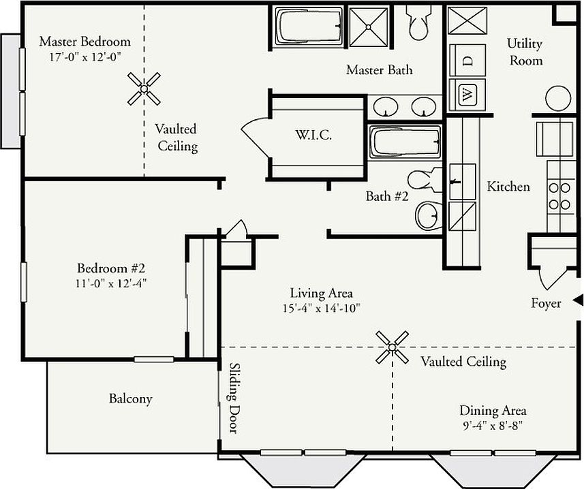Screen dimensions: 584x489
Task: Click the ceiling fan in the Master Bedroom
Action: pyautogui.click(x=144, y=89)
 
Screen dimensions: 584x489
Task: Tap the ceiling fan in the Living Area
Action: pyautogui.click(x=392, y=347)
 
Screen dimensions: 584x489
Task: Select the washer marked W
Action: pyautogui.click(x=467, y=95)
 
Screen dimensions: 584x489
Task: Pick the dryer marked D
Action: pyautogui.click(x=467, y=61)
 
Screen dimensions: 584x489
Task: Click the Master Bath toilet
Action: pyautogui.click(x=420, y=22)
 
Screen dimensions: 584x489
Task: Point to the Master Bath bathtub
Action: pyautogui.click(x=309, y=27)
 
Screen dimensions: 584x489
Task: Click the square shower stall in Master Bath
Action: pyautogui.click(x=369, y=27)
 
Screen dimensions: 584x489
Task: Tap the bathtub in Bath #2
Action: pyautogui.click(x=405, y=142)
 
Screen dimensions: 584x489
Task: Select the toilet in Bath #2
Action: pyautogui.click(x=425, y=179)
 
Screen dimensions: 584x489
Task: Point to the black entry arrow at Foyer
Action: pyautogui.click(x=578, y=300)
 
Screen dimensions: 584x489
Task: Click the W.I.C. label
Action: pyautogui.click(x=313, y=134)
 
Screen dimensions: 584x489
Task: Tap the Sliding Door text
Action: pyautogui.click(x=234, y=398)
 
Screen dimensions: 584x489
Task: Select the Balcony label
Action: pyautogui.click(x=131, y=399)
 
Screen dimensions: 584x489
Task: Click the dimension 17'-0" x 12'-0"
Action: pyautogui.click(x=86, y=57)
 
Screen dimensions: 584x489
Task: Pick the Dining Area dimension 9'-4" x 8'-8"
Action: pyautogui.click(x=493, y=425)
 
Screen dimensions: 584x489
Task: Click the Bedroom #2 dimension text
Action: pyautogui.click(x=111, y=283)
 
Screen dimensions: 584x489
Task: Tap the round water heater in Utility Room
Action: pyautogui.click(x=558, y=98)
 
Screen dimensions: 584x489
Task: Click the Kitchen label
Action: pyautogui.click(x=508, y=186)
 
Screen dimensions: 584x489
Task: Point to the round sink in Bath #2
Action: pyautogui.click(x=429, y=215)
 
